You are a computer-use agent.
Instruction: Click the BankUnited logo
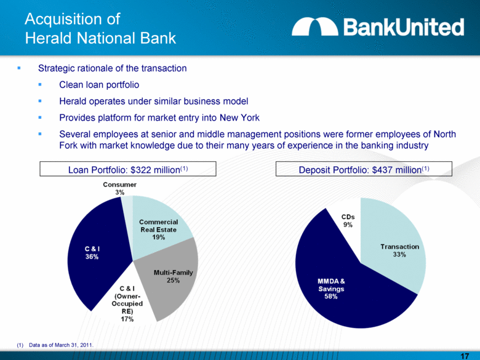pyautogui.click(x=377, y=26)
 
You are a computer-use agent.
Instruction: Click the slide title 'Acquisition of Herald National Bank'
pyautogui.click(x=100, y=28)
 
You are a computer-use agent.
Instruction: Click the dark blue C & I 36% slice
pyautogui.click(x=96, y=253)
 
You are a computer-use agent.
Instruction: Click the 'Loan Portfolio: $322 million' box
pyautogui.click(x=128, y=169)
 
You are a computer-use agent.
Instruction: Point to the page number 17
pyautogui.click(x=465, y=351)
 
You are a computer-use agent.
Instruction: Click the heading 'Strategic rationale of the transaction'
pyautogui.click(x=112, y=68)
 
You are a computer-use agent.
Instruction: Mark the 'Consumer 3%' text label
pyautogui.click(x=116, y=188)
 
